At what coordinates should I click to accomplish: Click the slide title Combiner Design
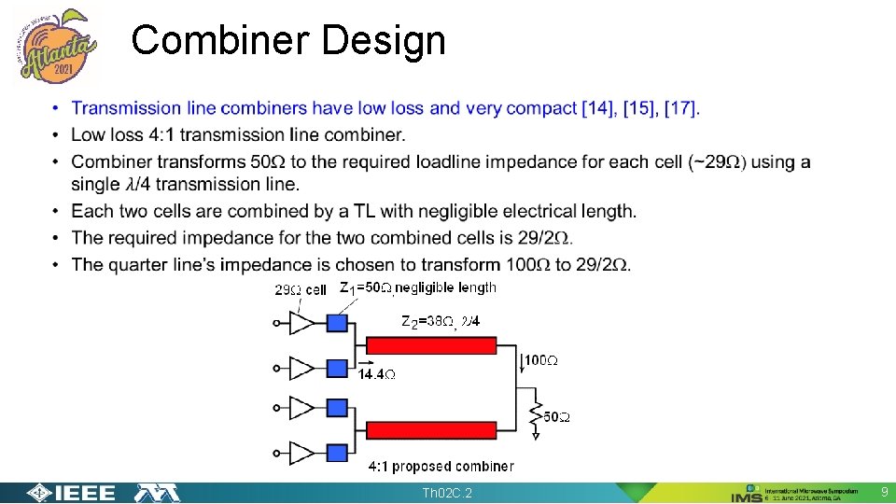288,41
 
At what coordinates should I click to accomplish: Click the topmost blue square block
338,323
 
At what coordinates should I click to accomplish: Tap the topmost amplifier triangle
302,323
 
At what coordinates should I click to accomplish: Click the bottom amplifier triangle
302,454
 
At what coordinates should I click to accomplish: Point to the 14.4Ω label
377,374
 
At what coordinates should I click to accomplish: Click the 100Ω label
541,359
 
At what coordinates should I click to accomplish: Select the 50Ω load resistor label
555,417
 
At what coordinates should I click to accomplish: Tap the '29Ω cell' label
300,289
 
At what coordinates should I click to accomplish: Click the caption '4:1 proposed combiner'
441,466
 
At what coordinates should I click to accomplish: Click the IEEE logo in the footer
71,493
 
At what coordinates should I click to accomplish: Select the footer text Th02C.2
447,493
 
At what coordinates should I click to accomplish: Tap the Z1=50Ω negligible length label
417,287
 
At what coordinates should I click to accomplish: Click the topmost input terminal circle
276,323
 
